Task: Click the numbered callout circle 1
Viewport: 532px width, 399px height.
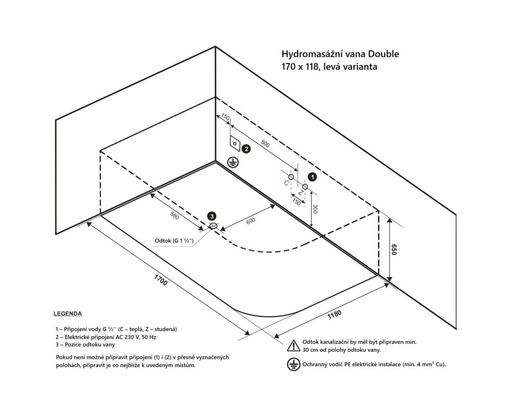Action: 312,177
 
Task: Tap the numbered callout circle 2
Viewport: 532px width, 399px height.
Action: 246,149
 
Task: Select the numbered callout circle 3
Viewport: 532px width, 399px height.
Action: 211,216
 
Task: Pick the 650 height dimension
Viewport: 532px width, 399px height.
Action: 395,251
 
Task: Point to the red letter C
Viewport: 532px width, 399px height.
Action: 286,183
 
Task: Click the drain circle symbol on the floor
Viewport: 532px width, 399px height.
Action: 213,226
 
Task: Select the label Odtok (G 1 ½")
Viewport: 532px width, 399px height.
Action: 174,241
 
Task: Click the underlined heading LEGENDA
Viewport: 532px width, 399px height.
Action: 68,314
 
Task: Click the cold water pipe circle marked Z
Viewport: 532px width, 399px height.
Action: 305,186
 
